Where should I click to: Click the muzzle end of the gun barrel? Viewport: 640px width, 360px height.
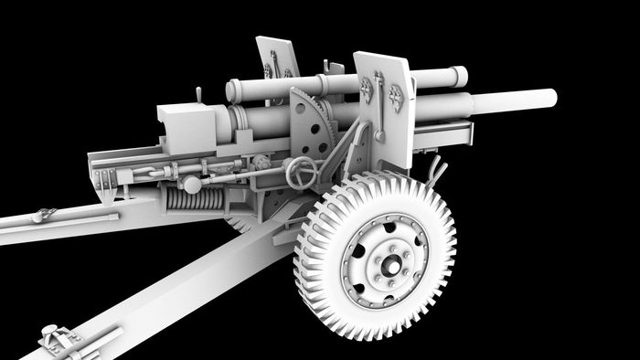tap(551, 96)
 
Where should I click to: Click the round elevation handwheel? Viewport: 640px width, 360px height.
tap(300, 170)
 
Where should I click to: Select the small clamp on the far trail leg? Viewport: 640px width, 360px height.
tap(41, 216)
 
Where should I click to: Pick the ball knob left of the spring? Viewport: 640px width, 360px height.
tap(192, 184)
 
